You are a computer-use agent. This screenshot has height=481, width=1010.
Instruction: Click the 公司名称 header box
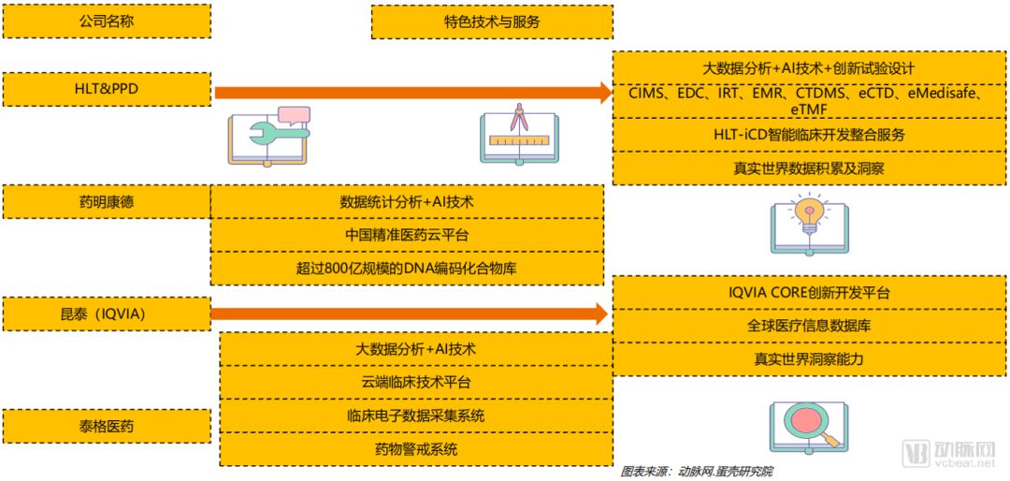point(107,21)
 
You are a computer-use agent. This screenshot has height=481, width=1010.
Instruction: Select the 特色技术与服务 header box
point(492,22)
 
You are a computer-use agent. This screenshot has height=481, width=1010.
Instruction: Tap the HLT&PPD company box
point(107,89)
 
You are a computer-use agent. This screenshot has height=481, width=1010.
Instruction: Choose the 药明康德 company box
point(107,201)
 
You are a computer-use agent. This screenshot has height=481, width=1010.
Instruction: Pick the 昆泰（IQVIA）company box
point(107,313)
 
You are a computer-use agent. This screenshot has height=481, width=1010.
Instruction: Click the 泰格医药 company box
point(107,426)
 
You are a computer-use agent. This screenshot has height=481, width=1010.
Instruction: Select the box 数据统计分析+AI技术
point(407,201)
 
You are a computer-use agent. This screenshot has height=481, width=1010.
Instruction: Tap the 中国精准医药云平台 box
point(407,235)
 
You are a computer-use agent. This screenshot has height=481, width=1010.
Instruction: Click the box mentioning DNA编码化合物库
point(407,269)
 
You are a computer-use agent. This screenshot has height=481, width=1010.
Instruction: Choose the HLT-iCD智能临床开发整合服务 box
point(810,135)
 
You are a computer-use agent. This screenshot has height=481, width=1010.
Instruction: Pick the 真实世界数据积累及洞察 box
point(810,169)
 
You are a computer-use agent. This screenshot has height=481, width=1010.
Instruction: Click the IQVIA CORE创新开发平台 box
point(810,293)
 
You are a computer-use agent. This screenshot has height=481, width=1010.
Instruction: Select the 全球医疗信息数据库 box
point(810,326)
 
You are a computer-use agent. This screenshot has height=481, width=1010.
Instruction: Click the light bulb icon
point(810,225)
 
